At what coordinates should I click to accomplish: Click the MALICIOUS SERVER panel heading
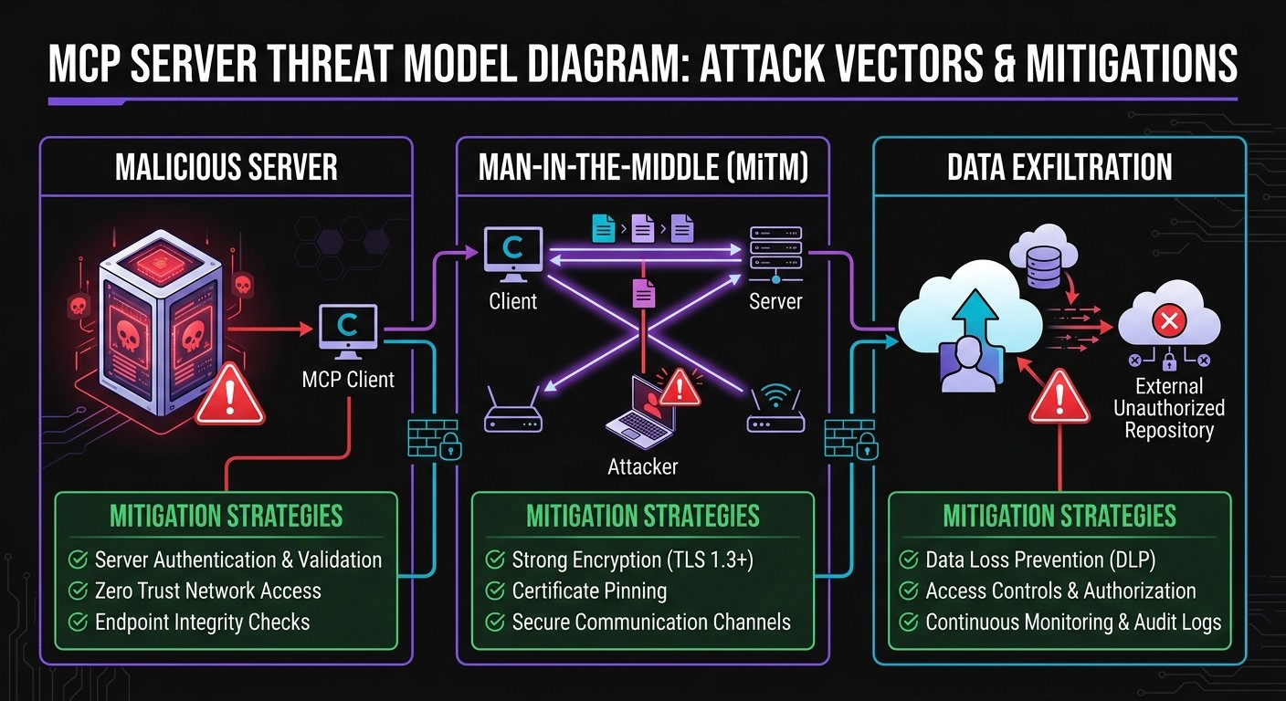pyautogui.click(x=226, y=168)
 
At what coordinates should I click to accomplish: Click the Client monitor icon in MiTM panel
pyautogui.click(x=512, y=253)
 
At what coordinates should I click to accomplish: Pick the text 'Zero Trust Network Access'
pyautogui.click(x=208, y=591)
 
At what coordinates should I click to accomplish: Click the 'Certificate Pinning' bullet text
pyautogui.click(x=589, y=591)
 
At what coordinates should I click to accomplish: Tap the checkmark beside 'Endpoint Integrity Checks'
pyautogui.click(x=78, y=623)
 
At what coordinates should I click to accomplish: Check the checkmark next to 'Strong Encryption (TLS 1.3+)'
pyautogui.click(x=495, y=560)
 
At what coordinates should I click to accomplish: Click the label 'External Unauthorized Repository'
pyautogui.click(x=1168, y=408)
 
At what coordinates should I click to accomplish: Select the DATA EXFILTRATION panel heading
pyautogui.click(x=1059, y=168)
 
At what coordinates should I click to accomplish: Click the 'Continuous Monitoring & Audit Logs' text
pyautogui.click(x=1073, y=623)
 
